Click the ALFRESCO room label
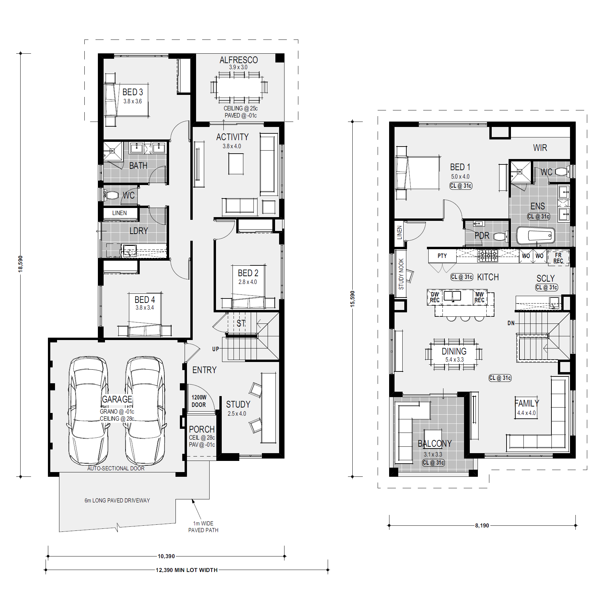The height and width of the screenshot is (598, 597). tap(239, 60)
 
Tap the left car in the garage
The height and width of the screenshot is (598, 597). tap(88, 411)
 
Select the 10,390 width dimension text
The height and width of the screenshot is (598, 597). tap(166, 556)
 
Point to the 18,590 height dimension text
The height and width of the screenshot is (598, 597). tap(21, 264)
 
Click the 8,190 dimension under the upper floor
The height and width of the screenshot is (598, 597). tap(482, 525)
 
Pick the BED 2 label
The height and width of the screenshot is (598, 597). tap(248, 273)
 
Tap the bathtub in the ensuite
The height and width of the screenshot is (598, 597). tap(536, 235)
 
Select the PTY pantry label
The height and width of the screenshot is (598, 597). tap(442, 256)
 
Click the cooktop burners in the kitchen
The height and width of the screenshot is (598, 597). tap(488, 256)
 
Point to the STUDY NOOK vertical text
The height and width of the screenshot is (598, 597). tap(401, 274)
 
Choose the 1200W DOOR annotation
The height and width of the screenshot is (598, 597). tap(199, 401)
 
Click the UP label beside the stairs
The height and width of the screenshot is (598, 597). tap(216, 349)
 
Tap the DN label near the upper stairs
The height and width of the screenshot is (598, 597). tap(511, 323)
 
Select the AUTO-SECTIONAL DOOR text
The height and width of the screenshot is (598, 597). tap(116, 468)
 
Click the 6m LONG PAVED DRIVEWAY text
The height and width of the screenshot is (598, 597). tap(117, 500)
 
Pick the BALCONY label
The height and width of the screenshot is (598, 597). tap(435, 443)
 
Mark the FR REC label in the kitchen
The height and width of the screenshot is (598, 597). tap(558, 258)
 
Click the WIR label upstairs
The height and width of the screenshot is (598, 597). tap(540, 148)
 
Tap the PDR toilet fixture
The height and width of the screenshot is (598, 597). tap(500, 236)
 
